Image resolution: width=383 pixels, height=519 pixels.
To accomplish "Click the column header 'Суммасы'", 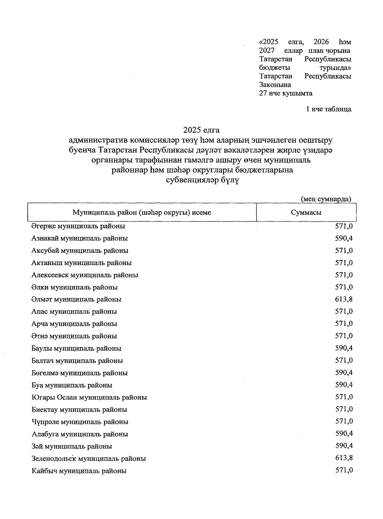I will [x=306, y=212].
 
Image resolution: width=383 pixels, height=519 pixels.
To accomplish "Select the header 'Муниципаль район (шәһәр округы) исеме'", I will [x=142, y=212].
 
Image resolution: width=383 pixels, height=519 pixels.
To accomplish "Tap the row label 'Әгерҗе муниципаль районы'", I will [x=78, y=226].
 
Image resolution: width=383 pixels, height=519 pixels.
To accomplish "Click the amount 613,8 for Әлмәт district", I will [x=344, y=299].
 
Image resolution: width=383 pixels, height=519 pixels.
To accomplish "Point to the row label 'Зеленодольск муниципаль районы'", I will [x=89, y=459].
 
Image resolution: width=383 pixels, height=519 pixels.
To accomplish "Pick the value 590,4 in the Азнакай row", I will [x=344, y=238].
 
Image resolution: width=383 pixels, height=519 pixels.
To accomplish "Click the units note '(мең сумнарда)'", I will [x=326, y=199].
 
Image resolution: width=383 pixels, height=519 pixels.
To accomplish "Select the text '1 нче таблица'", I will [x=329, y=109].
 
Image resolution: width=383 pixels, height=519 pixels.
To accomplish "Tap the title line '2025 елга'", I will [x=201, y=130].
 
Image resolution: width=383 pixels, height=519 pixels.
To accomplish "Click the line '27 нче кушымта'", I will [x=286, y=93].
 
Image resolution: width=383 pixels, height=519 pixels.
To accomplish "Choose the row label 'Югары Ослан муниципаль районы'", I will [x=89, y=398].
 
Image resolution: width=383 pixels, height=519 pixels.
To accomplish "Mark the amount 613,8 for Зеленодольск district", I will [x=344, y=458].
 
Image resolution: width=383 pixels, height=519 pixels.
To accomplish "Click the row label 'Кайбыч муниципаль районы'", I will [x=79, y=471].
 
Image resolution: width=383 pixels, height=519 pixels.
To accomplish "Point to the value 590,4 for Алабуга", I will [x=344, y=433].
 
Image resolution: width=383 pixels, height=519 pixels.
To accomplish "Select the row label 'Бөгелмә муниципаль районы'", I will [x=79, y=373].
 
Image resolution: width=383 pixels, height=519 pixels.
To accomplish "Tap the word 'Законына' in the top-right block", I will [x=275, y=85].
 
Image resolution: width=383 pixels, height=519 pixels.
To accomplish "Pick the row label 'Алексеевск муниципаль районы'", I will [x=85, y=275].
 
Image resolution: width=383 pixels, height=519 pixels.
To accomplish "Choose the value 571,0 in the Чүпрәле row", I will [x=344, y=421].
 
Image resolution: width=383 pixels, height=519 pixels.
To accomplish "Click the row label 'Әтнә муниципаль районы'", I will [x=74, y=336].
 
